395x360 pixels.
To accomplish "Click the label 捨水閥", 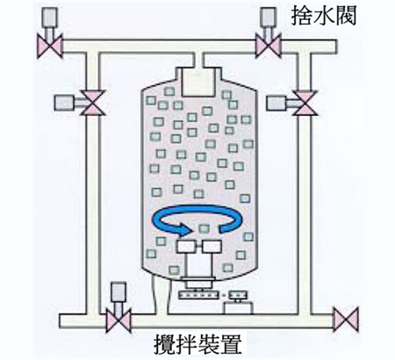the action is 324,16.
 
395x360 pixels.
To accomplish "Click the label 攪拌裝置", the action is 198,343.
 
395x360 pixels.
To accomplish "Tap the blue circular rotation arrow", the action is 198,219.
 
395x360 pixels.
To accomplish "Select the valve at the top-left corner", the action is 50,46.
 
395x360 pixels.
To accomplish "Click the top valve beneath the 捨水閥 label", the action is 269,46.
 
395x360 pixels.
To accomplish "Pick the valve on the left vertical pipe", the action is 93,103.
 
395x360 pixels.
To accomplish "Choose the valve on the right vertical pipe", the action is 305,103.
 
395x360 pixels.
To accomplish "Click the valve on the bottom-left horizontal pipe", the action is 118,320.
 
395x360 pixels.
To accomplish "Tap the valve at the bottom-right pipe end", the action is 346,320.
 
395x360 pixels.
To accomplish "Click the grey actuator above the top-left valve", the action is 50,17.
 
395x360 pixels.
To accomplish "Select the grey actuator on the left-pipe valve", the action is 64,103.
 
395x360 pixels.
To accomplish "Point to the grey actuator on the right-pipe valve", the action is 276,104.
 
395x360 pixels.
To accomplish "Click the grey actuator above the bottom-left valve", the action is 118,292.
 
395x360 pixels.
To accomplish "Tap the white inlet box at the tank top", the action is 198,82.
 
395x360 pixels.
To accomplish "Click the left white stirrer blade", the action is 185,247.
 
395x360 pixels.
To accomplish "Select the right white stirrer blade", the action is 212,247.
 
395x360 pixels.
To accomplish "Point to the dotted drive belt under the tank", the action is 198,295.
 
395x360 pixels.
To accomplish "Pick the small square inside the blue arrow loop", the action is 204,228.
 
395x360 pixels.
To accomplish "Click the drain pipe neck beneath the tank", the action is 161,296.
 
